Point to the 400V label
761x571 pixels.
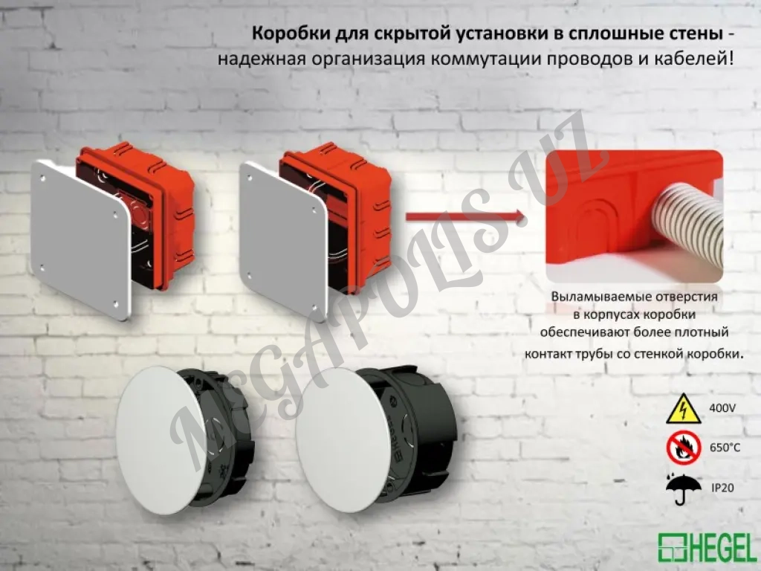(x=722, y=408)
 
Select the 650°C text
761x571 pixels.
(x=725, y=448)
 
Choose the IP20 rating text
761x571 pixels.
(x=723, y=488)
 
